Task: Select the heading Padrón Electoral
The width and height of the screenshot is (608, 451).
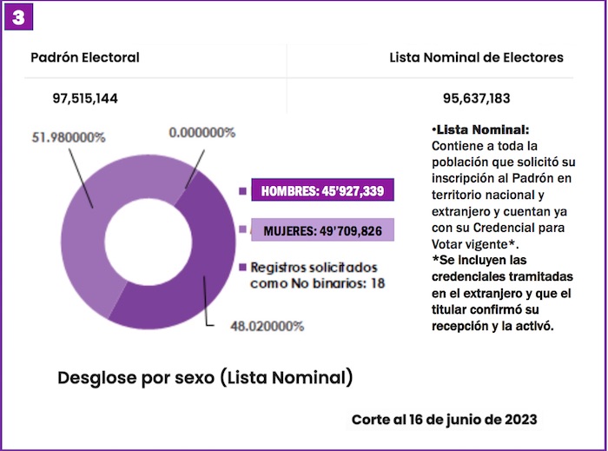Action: (x=85, y=57)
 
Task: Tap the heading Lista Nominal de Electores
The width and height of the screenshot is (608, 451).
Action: (x=476, y=57)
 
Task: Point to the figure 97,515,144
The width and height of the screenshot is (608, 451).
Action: (x=86, y=98)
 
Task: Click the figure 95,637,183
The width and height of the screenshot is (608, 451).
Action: (x=475, y=98)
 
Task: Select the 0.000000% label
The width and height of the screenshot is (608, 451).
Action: (x=202, y=133)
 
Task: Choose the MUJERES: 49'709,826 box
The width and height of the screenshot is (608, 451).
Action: (x=322, y=229)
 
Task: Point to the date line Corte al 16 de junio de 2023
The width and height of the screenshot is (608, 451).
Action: (x=444, y=419)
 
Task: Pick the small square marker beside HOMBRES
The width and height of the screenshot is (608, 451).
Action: (x=242, y=191)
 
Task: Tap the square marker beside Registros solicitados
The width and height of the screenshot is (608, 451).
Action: (x=242, y=267)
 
